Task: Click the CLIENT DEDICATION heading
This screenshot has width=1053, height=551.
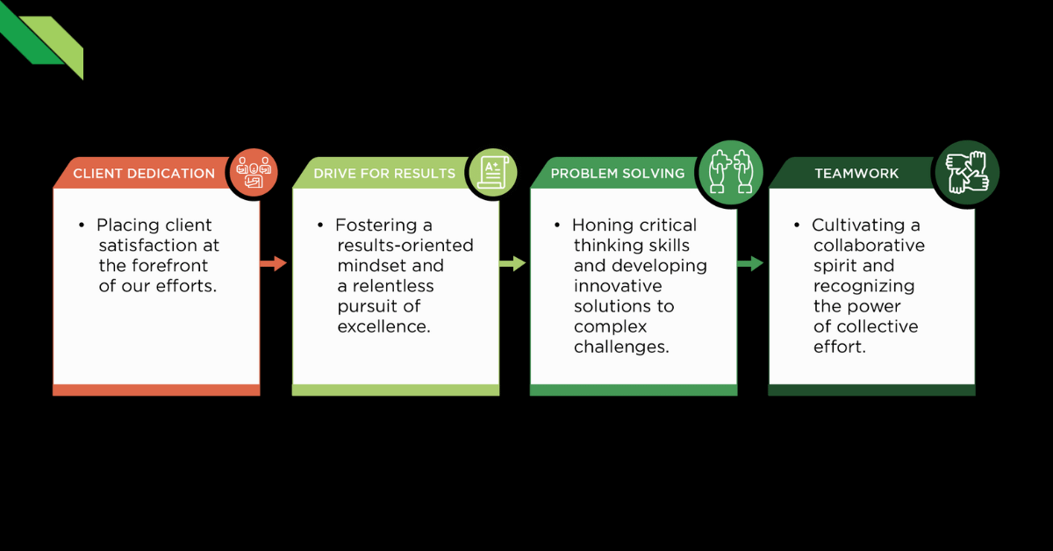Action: [x=144, y=174]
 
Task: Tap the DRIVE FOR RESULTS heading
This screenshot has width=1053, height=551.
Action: [x=384, y=174]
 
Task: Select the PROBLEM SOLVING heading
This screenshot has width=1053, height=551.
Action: [x=618, y=174]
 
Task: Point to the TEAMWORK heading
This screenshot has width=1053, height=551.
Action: [x=844, y=174]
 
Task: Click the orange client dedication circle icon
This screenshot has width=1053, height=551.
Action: [x=253, y=170]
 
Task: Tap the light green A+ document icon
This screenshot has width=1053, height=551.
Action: [x=491, y=170]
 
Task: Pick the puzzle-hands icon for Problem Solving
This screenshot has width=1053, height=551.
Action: [x=730, y=168]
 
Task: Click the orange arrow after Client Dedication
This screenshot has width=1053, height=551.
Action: [x=274, y=263]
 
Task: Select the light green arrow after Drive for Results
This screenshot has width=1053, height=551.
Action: [x=512, y=263]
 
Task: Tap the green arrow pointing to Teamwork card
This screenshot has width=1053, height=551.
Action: [x=750, y=263]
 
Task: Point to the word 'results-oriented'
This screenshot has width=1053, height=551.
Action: [x=405, y=246]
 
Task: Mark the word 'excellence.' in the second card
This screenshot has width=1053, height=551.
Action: [x=383, y=326]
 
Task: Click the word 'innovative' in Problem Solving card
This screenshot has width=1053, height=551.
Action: [x=619, y=286]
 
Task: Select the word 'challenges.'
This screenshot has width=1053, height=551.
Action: [x=621, y=347]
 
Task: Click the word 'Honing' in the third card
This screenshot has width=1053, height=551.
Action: [x=599, y=225]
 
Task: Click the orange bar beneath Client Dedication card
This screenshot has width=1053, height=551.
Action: [x=156, y=390]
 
